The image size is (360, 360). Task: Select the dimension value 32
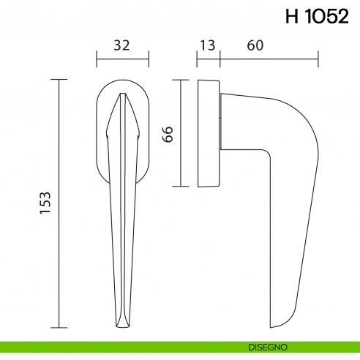[121, 45]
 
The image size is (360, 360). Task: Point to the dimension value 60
[255, 45]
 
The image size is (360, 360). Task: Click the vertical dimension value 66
[167, 133]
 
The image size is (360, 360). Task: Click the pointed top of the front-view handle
[122, 94]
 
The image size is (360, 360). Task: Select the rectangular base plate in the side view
[208, 133]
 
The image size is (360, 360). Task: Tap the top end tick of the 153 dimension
[59, 79]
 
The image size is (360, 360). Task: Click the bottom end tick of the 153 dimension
[59, 327]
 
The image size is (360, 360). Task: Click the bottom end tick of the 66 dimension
[180, 187]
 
